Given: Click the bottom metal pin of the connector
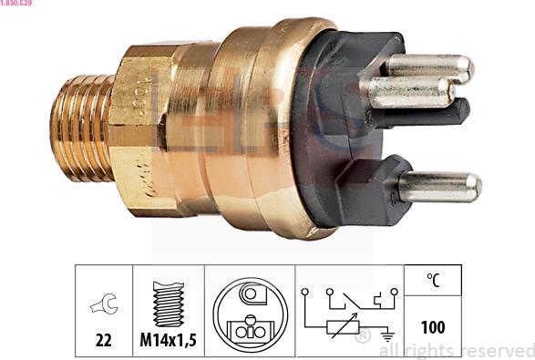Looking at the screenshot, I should coord(438,187).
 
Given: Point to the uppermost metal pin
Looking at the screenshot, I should coord(428,67).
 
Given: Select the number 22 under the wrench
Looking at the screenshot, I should coord(103,340).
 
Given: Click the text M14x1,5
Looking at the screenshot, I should coord(169,341).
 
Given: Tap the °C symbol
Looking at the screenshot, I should coord(433,282).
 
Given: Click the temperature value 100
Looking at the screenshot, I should coord(433,325).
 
